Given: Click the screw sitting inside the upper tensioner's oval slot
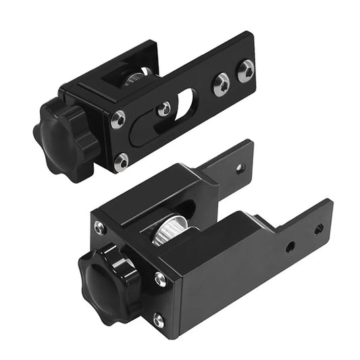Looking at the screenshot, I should point(163,108).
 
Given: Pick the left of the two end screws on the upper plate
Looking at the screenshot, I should point(221,84).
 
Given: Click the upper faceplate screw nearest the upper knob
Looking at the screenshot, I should point(118,120).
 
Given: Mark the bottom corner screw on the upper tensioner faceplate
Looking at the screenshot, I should point(122,161).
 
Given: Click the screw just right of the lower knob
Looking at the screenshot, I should point(160,278).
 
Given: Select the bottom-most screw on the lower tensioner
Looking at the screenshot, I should point(157,320).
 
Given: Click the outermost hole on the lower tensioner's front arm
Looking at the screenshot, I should point(318,230).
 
